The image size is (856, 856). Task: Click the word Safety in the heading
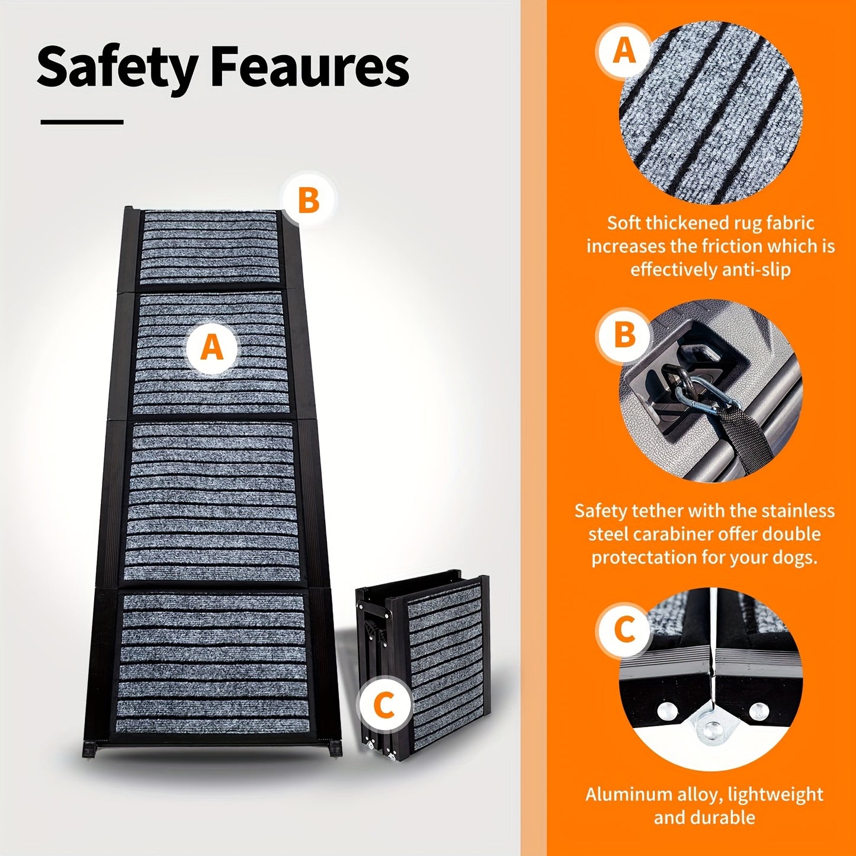tap(117, 67)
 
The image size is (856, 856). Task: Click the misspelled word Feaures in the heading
tap(309, 67)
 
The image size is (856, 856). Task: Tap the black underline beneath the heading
tap(82, 122)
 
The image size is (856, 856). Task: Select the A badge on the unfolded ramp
tap(212, 347)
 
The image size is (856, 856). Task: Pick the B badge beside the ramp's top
tap(308, 201)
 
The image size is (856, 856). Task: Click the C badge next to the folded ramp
tap(384, 706)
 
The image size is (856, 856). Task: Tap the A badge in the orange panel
tap(624, 51)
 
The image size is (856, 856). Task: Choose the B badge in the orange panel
tap(624, 335)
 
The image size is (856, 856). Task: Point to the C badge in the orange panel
tap(624, 630)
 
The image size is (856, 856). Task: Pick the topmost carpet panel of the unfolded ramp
tap(210, 248)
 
